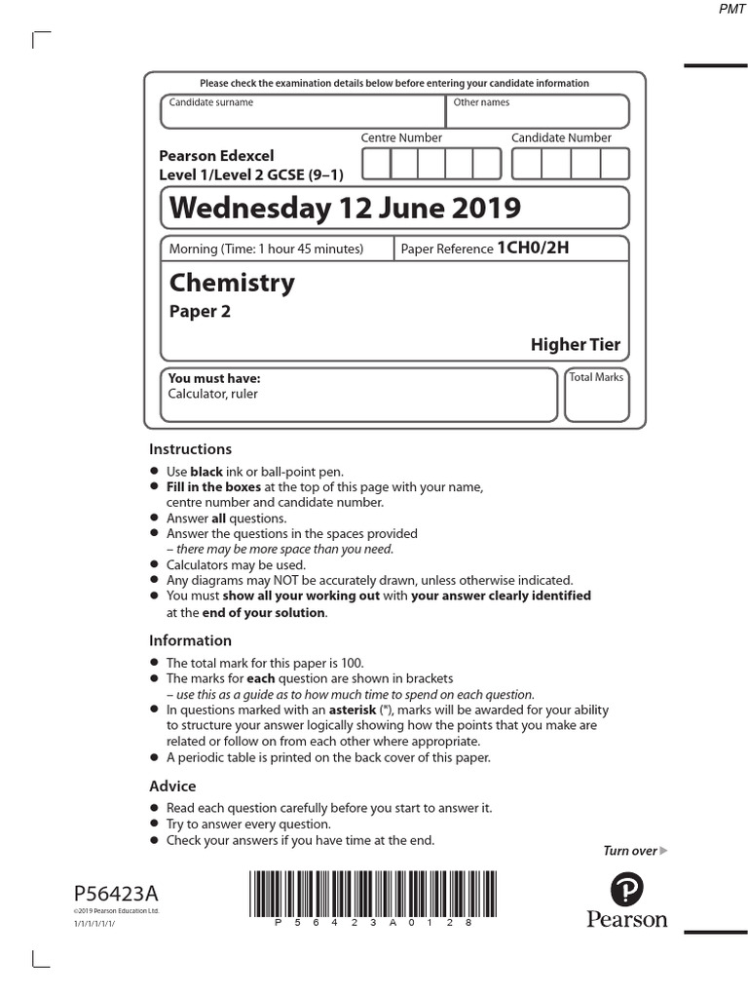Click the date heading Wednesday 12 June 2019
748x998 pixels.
pos(345,208)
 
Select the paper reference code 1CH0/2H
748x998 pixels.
pos(532,248)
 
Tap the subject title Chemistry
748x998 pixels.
pos(232,283)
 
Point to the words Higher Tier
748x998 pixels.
pos(575,344)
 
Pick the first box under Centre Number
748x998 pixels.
pos(376,164)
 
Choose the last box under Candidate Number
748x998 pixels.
pos(615,164)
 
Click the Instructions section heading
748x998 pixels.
pos(190,449)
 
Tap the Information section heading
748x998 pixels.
pos(190,640)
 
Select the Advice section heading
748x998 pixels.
pos(172,786)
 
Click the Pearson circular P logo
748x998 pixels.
pos(627,889)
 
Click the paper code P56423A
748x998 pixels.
pos(115,894)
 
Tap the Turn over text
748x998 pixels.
pos(630,851)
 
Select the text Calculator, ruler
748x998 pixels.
pos(212,394)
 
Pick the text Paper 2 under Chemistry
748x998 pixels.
pos(200,312)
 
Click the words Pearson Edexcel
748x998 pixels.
pos(216,156)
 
